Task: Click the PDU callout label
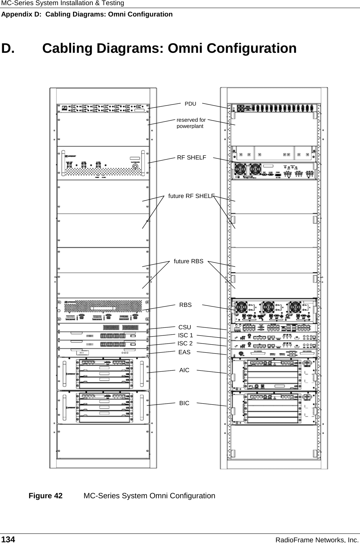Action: coord(190,104)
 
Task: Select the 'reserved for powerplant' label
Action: coord(191,123)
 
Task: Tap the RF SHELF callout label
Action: coord(192,158)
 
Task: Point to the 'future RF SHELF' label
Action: coord(191,196)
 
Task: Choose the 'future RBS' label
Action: coord(188,261)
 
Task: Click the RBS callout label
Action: coord(185,305)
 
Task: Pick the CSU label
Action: coord(185,327)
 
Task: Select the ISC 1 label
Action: coord(185,335)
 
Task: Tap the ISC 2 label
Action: coord(185,344)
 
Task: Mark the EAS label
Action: coord(184,352)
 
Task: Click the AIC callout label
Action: coord(184,370)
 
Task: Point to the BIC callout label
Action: coord(184,403)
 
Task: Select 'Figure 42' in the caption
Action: coord(46,496)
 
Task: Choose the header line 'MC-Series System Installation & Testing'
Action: coord(62,3)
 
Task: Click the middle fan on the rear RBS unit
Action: coord(268,307)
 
